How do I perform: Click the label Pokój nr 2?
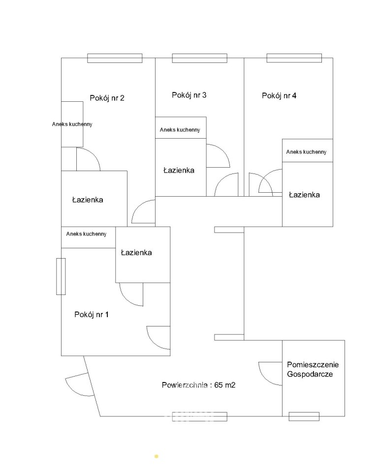click(107, 98)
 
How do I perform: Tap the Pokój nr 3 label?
click(189, 95)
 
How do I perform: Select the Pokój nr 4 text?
click(279, 96)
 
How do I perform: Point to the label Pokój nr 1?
click(92, 315)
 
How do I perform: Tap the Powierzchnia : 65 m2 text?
click(198, 385)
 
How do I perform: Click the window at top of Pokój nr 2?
click(115, 58)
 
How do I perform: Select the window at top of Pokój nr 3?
click(199, 58)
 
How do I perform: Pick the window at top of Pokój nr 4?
click(294, 58)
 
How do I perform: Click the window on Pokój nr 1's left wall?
click(61, 276)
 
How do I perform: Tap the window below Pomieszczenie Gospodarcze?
click(304, 416)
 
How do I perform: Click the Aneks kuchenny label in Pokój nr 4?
click(306, 152)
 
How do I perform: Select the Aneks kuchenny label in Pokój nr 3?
click(180, 130)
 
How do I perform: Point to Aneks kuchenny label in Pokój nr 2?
click(72, 124)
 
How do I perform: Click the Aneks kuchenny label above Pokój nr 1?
click(86, 234)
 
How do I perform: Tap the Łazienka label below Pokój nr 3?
click(179, 171)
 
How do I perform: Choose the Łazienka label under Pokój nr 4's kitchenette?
click(304, 195)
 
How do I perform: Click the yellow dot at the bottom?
click(156, 456)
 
